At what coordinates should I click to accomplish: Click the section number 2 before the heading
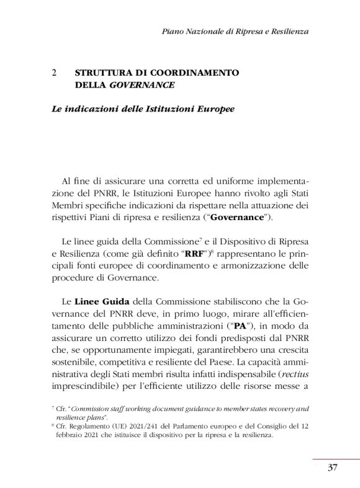(x=55, y=73)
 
